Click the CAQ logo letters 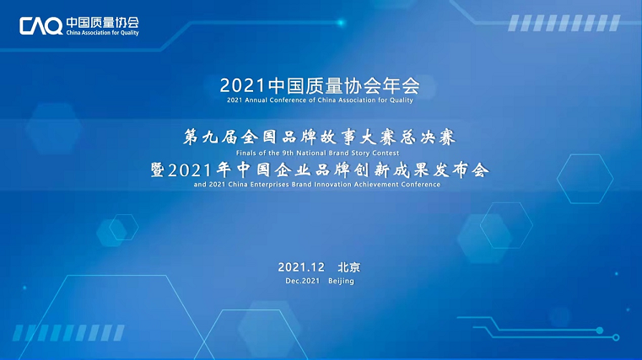click(41, 26)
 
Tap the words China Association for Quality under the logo click(102, 33)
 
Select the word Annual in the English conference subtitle click(256, 99)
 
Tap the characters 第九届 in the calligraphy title click(210, 137)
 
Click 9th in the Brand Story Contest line click(288, 153)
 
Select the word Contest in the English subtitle click(386, 153)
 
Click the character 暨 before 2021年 click(158, 169)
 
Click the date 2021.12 click(301, 267)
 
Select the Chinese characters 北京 click(349, 267)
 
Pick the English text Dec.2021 click(303, 281)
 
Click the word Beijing click(341, 282)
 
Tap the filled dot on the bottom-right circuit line click(600, 330)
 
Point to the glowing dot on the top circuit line click(341, 23)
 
